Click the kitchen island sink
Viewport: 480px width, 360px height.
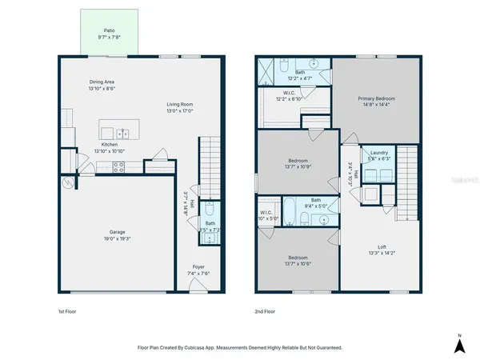(123, 133)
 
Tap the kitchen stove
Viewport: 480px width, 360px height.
(118, 167)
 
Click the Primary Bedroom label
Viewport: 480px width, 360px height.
(375, 98)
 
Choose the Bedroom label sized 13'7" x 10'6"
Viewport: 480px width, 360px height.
(294, 258)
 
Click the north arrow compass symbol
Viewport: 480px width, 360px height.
(459, 344)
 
